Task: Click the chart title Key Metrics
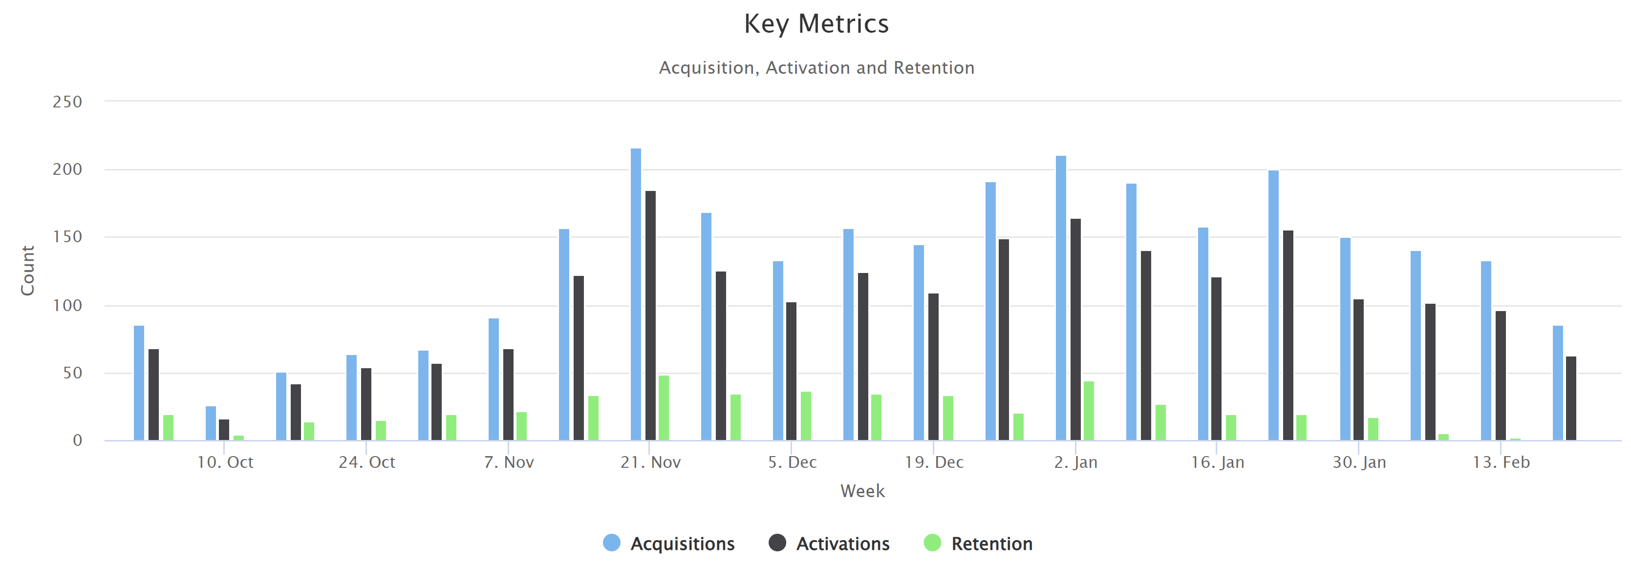pos(816,24)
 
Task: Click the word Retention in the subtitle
pos(934,68)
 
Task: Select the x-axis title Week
pos(862,491)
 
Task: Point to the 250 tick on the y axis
pos(67,102)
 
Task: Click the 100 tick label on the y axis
pos(67,306)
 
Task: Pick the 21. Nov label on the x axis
pos(650,462)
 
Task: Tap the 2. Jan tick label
pos(1075,462)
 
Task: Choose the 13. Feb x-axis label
pos(1501,462)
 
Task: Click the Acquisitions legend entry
pos(682,544)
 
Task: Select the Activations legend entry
pos(842,544)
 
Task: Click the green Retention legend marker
pos(932,543)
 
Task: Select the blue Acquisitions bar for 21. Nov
pos(636,294)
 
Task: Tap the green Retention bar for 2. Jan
pos(1088,411)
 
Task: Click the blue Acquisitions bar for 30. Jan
pos(1345,338)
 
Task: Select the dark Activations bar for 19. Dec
pos(933,366)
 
